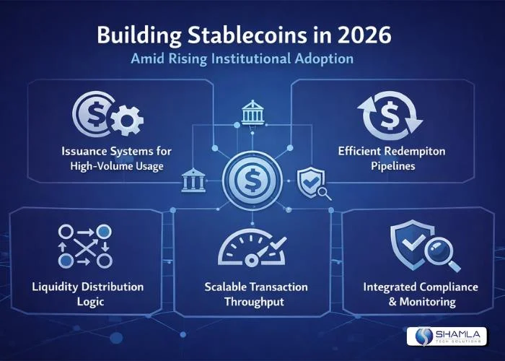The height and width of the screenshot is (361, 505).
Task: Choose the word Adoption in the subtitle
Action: [325, 59]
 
